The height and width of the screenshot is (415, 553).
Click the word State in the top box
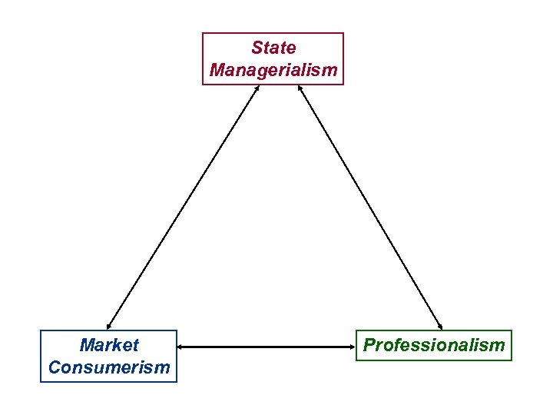click(x=273, y=48)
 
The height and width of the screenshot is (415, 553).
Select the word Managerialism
click(x=273, y=70)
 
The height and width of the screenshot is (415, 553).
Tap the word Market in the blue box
click(x=109, y=345)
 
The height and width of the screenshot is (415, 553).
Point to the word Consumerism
click(x=109, y=367)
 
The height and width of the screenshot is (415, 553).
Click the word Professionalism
click(x=434, y=345)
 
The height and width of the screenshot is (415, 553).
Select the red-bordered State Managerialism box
click(x=273, y=58)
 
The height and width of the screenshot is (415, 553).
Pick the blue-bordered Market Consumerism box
click(x=109, y=356)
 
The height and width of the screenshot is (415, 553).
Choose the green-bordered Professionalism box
click(x=434, y=345)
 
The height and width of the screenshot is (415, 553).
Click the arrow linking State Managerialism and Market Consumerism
click(x=183, y=207)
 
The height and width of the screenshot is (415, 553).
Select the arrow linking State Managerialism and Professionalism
click(x=370, y=207)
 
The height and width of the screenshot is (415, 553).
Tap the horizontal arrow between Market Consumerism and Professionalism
click(x=266, y=347)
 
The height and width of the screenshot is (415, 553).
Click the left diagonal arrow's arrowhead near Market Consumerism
click(x=109, y=326)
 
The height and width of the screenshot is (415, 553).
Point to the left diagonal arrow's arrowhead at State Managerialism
click(x=257, y=87)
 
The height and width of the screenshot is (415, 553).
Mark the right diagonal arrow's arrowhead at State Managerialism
click(x=298, y=87)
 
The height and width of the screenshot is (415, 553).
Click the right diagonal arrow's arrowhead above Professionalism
click(x=442, y=326)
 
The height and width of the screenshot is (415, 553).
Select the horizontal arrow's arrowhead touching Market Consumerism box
click(x=181, y=347)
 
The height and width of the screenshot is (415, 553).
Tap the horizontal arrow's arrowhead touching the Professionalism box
click(x=351, y=347)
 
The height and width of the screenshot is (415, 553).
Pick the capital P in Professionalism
click(x=369, y=345)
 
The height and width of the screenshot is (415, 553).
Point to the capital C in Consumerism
click(x=54, y=367)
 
